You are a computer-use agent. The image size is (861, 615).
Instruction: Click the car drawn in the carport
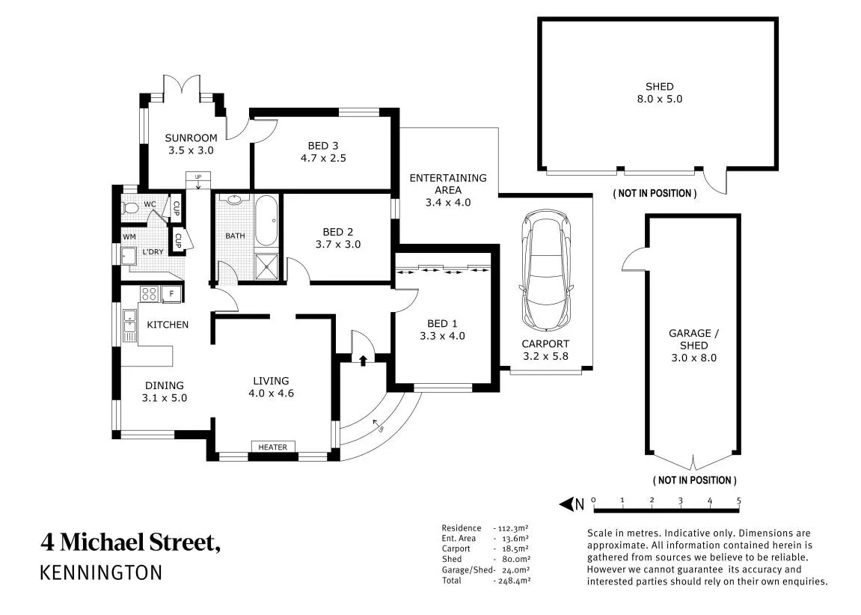(x=546, y=269)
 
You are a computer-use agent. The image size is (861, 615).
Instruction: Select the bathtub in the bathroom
(x=267, y=221)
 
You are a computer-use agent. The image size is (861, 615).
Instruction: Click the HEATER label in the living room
(x=273, y=447)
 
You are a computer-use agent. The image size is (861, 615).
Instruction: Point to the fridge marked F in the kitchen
(x=171, y=294)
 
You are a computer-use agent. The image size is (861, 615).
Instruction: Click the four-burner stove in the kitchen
(x=150, y=294)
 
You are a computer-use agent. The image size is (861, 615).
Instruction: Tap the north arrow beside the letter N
(x=566, y=504)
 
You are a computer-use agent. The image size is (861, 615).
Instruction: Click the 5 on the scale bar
(x=738, y=501)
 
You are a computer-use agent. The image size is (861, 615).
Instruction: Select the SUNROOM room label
(x=191, y=138)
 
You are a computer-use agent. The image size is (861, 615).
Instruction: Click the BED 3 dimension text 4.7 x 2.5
(x=323, y=158)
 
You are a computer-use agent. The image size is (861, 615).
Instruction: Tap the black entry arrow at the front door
(x=363, y=360)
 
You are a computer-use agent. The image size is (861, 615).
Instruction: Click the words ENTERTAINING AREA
(x=448, y=184)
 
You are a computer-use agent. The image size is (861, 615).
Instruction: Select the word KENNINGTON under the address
(x=102, y=572)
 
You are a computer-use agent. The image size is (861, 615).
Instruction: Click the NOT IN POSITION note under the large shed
(x=655, y=193)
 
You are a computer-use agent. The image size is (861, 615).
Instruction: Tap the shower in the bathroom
(x=267, y=267)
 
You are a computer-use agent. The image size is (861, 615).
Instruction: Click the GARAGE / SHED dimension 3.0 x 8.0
(x=694, y=358)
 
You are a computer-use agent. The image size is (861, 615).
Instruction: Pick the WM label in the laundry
(x=129, y=236)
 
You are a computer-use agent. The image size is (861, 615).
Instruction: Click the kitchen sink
(x=129, y=325)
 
